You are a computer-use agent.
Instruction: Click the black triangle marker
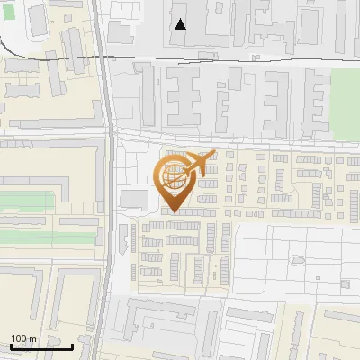pyautogui.click(x=181, y=24)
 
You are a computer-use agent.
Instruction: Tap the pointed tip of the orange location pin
pyautogui.click(x=173, y=213)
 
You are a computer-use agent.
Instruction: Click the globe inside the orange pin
pyautogui.click(x=174, y=177)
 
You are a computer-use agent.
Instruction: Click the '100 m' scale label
pyautogui.click(x=23, y=337)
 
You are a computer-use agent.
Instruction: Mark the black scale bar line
pyautogui.click(x=41, y=346)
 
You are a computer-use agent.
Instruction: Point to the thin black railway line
pyautogui.click(x=234, y=58)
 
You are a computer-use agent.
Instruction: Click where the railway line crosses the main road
pyautogui.click(x=105, y=56)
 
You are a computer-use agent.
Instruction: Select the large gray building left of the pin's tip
pyautogui.click(x=134, y=198)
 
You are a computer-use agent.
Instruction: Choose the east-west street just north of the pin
pyautogui.click(x=234, y=144)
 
